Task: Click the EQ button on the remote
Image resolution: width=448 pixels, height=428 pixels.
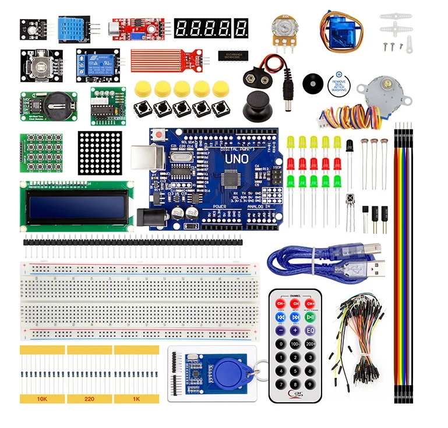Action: tap(311, 331)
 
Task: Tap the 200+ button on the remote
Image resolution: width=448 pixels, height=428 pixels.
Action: tap(311, 344)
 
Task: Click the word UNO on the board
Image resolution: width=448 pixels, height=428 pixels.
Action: tap(232, 157)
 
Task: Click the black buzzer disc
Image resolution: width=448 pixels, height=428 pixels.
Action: tap(313, 84)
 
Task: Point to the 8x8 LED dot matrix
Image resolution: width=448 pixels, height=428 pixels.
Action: tap(101, 149)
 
